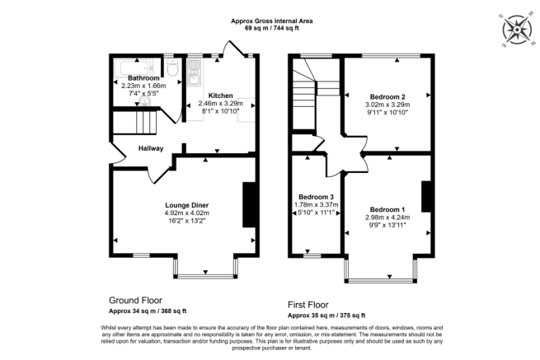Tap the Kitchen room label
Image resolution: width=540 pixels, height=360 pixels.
pos(222,94)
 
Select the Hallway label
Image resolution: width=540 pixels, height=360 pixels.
pos(151,148)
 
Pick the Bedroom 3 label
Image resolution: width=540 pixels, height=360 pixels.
pos(316,198)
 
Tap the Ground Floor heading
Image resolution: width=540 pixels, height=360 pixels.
pos(136,301)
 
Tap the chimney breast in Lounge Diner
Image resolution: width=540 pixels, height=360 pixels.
pos(248,204)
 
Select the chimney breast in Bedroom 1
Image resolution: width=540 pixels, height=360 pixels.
pos(426,196)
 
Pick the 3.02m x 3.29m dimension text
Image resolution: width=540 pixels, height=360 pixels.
pos(387,105)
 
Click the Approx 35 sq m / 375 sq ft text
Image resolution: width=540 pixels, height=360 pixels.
pos(326,316)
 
